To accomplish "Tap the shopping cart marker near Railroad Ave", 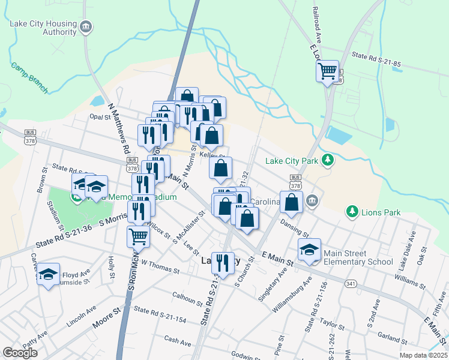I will pyautogui.click(x=327, y=71).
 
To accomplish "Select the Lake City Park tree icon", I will pyautogui.click(x=328, y=160).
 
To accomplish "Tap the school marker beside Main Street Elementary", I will pyautogui.click(x=310, y=250).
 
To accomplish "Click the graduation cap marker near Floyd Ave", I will pyautogui.click(x=49, y=274).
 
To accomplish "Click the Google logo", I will pyautogui.click(x=20, y=353).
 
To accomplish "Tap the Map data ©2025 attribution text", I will pyautogui.click(x=423, y=355).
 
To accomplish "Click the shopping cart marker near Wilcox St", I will pyautogui.click(x=138, y=236).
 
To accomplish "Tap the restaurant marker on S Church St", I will pyautogui.click(x=223, y=262).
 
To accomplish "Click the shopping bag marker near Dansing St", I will pyautogui.click(x=291, y=203).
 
